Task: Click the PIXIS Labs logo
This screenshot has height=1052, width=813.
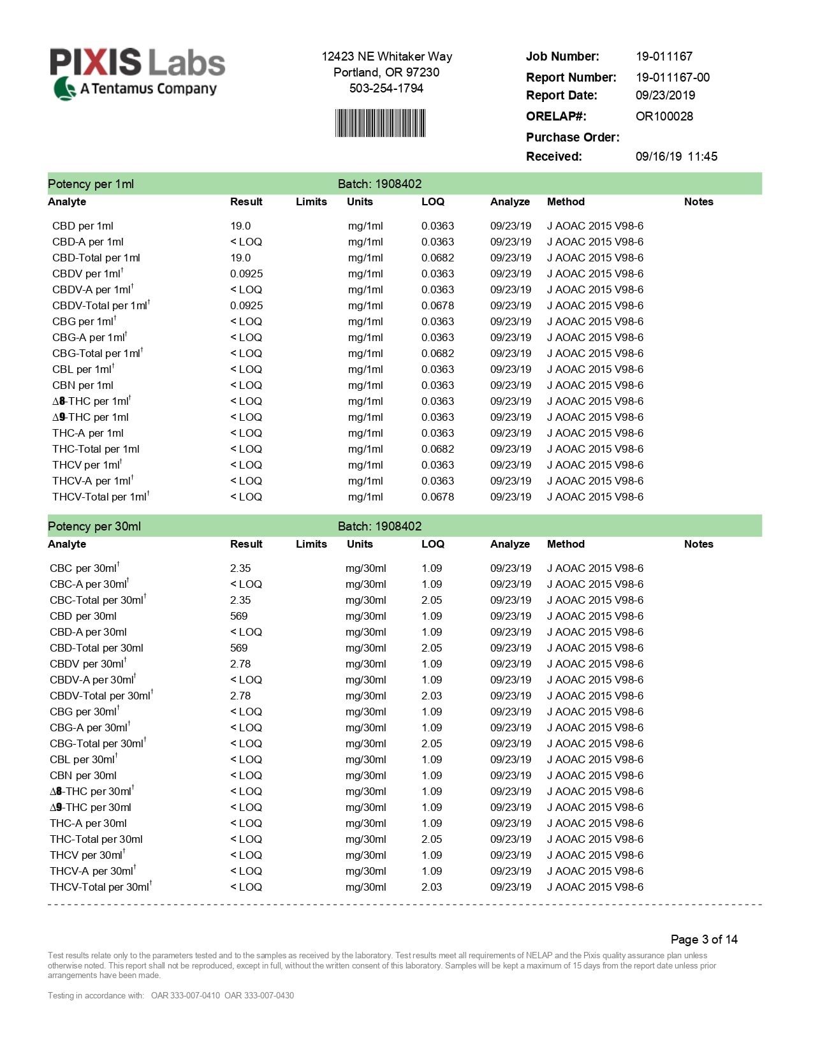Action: click(137, 73)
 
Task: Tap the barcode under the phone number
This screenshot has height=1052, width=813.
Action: click(380, 123)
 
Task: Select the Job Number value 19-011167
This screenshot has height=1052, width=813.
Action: click(664, 56)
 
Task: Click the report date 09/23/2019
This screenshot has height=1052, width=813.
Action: click(665, 95)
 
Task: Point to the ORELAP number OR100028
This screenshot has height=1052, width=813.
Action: click(664, 116)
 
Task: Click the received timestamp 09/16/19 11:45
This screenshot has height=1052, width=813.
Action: click(676, 156)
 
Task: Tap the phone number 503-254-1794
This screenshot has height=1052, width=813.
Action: click(386, 88)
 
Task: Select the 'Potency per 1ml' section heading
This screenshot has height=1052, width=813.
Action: click(91, 184)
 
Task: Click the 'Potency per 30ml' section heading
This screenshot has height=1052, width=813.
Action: click(94, 526)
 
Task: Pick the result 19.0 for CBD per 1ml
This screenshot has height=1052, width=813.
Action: click(240, 226)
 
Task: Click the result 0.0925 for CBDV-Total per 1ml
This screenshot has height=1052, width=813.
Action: click(246, 305)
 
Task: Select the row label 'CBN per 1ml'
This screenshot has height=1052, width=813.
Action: click(82, 385)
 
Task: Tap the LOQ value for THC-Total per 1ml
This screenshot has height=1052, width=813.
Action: click(437, 449)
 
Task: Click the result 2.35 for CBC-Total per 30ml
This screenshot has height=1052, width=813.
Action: click(240, 600)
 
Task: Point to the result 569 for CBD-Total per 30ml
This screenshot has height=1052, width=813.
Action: click(238, 648)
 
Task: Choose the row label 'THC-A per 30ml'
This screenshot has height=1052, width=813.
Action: click(88, 823)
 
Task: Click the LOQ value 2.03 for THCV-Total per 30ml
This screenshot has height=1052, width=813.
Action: click(431, 887)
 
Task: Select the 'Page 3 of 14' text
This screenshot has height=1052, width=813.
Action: click(703, 939)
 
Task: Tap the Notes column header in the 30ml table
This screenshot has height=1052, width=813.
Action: click(698, 544)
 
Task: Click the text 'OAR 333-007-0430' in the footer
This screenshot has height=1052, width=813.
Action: click(259, 995)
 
